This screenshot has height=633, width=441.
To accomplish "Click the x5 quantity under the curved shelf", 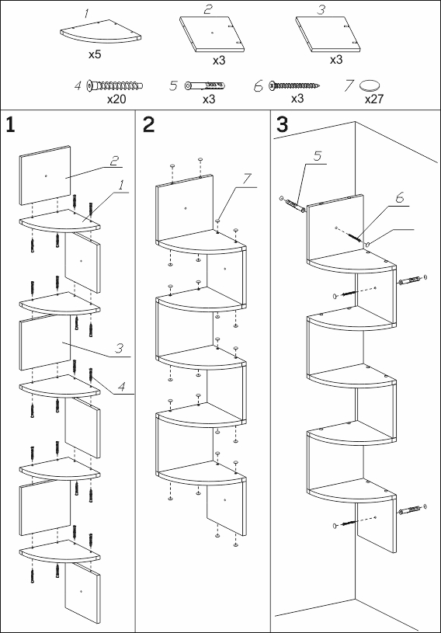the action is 95,54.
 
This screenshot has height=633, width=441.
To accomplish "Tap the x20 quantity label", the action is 116,99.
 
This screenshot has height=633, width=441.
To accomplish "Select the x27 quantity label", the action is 374,99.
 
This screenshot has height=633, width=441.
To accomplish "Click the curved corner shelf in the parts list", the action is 100,32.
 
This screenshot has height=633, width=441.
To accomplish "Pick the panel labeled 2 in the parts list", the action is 212,34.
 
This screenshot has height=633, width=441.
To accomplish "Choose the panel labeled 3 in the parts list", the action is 328,34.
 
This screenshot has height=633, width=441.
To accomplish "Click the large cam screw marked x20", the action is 115,85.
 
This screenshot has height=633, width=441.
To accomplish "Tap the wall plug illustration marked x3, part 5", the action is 204,85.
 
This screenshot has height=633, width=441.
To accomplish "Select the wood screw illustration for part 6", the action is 295,85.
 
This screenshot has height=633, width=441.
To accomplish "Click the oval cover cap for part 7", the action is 370,85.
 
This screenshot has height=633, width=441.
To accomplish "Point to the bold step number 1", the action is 10,125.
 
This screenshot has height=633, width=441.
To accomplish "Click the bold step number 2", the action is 148,125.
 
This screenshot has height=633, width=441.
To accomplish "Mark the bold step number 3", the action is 282,124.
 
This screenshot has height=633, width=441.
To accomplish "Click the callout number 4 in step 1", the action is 122,388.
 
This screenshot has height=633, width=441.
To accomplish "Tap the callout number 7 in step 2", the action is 247,179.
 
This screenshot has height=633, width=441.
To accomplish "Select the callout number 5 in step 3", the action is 318,156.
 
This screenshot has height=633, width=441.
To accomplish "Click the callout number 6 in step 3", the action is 399,198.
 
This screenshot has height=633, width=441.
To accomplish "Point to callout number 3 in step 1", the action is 119,348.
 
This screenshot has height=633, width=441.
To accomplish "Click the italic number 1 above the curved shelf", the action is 87,14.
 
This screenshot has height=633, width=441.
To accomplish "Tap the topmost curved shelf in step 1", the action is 59,221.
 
